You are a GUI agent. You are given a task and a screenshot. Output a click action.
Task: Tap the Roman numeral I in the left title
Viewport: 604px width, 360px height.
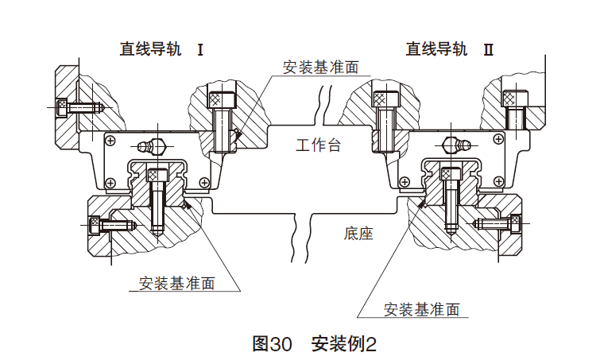pos(200,49)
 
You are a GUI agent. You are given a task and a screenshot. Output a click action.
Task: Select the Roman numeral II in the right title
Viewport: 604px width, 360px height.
pos(489,49)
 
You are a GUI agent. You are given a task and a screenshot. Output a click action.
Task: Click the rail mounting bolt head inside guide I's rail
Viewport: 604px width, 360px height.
pos(157,176)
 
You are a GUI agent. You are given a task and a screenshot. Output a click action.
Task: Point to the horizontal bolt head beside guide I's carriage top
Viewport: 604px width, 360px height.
pos(64,105)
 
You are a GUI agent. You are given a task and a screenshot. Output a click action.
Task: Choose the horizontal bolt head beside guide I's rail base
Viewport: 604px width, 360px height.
pos(95,225)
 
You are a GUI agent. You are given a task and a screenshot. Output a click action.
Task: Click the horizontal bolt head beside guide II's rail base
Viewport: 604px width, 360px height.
pos(512,224)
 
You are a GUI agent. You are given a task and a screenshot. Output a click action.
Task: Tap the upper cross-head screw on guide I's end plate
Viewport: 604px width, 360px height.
pos(109,138)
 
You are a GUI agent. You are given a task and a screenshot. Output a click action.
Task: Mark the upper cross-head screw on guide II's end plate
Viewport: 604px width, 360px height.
pos(499,138)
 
